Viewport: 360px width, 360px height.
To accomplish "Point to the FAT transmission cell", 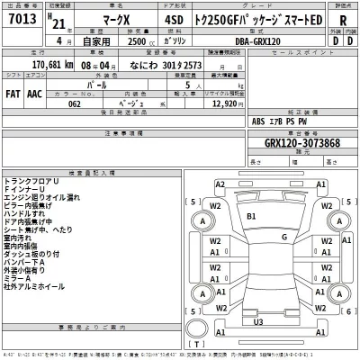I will click(14, 92).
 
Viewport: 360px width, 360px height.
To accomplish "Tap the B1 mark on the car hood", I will click(252, 216).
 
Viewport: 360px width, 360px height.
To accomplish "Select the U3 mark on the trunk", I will click(258, 321).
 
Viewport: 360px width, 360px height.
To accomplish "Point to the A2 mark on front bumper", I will click(220, 184).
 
